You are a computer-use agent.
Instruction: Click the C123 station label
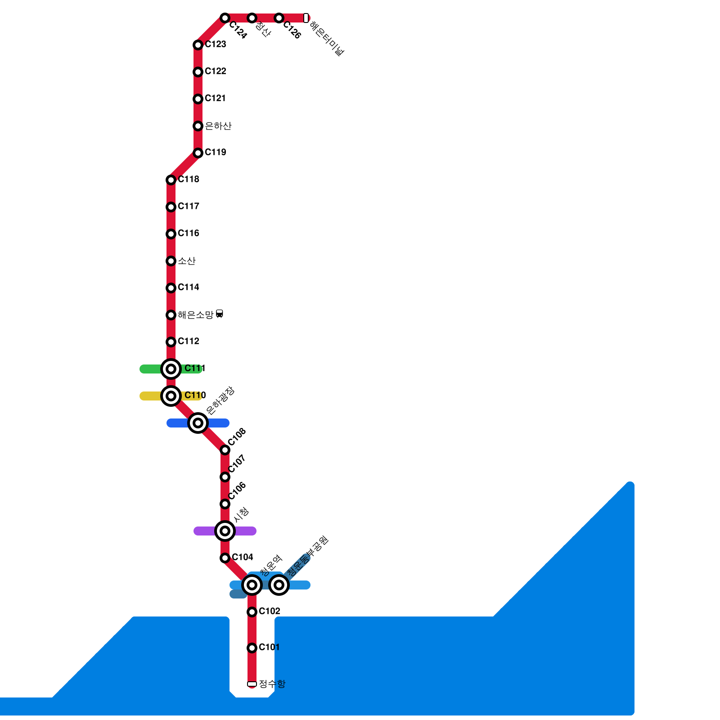(x=215, y=44)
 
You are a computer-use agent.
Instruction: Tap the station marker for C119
(x=198, y=153)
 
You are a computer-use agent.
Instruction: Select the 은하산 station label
(x=218, y=126)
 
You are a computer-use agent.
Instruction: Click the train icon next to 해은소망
(x=220, y=314)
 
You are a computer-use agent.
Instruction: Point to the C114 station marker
(x=171, y=288)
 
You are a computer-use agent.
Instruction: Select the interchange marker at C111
(x=171, y=369)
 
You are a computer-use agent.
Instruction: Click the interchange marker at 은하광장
(x=198, y=423)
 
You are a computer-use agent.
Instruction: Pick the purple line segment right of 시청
(x=246, y=531)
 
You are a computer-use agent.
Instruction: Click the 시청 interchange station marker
(x=225, y=531)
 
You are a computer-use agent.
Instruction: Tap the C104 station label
(x=243, y=557)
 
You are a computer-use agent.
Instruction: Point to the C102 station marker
(x=252, y=612)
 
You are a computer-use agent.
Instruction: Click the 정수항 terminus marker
(x=252, y=684)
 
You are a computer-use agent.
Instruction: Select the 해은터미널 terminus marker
(x=306, y=18)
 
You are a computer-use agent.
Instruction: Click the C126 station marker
(x=279, y=18)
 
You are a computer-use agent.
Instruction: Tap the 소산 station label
(x=187, y=261)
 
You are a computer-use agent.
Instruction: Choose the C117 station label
(x=188, y=206)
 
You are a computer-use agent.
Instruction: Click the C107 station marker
(x=225, y=477)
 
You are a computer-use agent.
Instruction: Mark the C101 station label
(x=269, y=647)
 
